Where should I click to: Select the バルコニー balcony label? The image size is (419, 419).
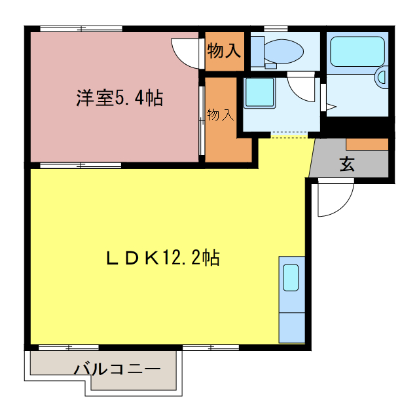point(117,369)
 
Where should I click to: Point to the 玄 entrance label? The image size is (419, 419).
point(347,164)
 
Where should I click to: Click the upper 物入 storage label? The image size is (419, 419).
point(224,50)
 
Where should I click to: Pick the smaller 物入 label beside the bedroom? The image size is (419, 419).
point(221,115)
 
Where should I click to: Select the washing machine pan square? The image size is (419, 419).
point(259,93)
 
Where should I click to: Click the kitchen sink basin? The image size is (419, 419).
point(291,278)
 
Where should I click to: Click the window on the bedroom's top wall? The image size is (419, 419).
point(81,28)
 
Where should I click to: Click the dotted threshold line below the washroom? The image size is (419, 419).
point(289,135)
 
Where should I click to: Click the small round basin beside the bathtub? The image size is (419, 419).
point(383,79)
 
